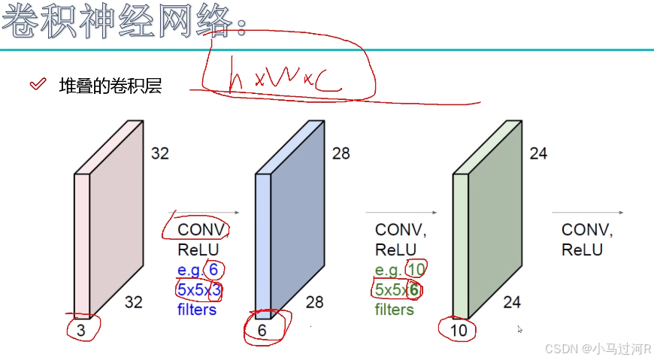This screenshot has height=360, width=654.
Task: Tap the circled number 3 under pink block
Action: [x=81, y=328]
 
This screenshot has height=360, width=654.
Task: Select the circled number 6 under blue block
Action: [x=262, y=328]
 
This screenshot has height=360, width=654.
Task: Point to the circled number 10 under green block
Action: [x=459, y=329]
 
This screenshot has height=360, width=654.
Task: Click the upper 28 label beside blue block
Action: [x=341, y=154]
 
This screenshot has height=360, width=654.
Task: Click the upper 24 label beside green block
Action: [x=538, y=154]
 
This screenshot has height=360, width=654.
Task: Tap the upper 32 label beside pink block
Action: [x=160, y=154]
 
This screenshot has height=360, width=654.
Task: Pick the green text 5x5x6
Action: [x=397, y=289]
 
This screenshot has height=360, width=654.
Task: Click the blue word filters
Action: [x=197, y=309]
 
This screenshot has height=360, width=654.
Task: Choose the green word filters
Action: [x=395, y=309]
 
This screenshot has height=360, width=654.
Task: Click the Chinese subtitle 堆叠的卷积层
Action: [x=111, y=86]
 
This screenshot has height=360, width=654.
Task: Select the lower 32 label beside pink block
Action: [x=133, y=302]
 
